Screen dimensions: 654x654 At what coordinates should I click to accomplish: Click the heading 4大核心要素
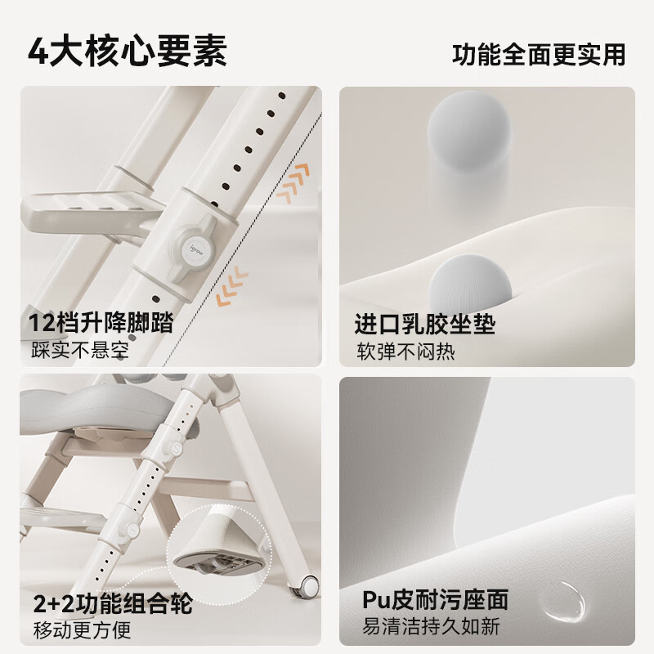click(x=128, y=51)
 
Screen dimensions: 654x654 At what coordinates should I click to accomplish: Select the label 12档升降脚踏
click(x=101, y=321)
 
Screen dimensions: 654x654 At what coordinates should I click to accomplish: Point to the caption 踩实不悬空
click(x=80, y=350)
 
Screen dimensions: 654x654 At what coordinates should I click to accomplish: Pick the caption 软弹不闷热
click(x=405, y=352)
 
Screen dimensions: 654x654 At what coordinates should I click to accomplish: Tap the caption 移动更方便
click(x=80, y=629)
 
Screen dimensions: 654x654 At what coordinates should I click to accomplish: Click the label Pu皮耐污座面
click(x=435, y=600)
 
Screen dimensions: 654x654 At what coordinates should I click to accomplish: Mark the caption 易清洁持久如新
click(x=432, y=627)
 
